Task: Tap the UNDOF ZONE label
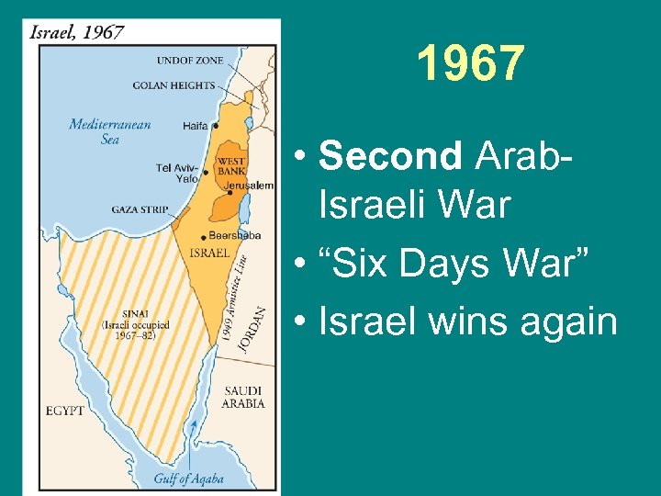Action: (190, 61)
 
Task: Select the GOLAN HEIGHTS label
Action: (174, 85)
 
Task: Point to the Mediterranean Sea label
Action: (110, 131)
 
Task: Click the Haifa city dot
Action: (216, 126)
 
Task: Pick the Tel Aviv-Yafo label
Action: (177, 173)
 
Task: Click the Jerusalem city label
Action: (249, 186)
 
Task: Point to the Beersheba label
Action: (234, 235)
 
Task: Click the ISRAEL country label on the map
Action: (209, 253)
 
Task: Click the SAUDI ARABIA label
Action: (243, 397)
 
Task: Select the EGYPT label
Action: (63, 411)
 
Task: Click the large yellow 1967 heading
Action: (470, 64)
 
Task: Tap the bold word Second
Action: (389, 157)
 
